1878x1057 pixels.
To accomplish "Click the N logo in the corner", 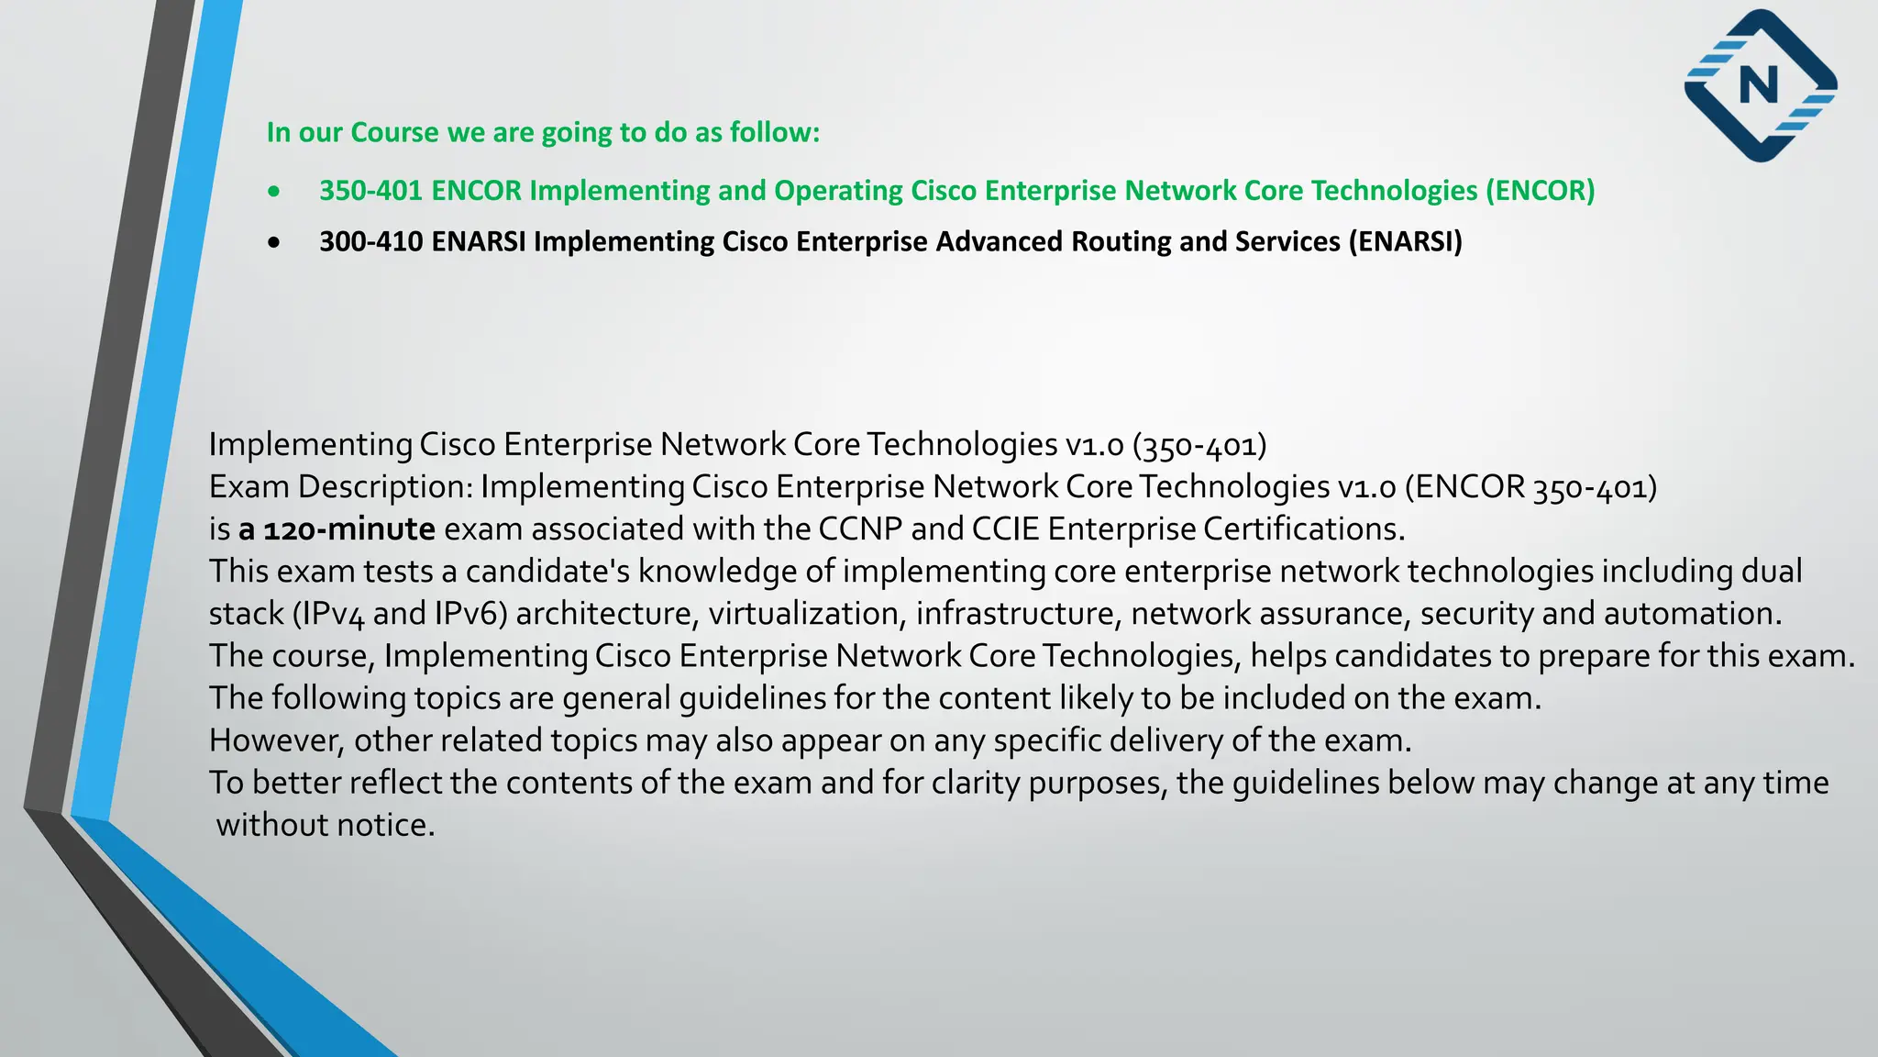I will click(x=1761, y=85).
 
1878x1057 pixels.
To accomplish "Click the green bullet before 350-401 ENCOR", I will click(x=274, y=192).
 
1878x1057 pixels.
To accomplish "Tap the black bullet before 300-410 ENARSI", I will click(x=274, y=243).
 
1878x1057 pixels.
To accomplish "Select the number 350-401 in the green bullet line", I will click(x=370, y=191).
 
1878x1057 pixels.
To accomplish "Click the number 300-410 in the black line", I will click(x=370, y=241).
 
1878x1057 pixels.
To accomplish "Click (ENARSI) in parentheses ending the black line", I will click(x=1405, y=241).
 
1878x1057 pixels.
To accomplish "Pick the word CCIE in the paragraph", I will click(x=1005, y=529).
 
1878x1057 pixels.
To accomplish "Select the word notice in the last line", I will click(x=385, y=825).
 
